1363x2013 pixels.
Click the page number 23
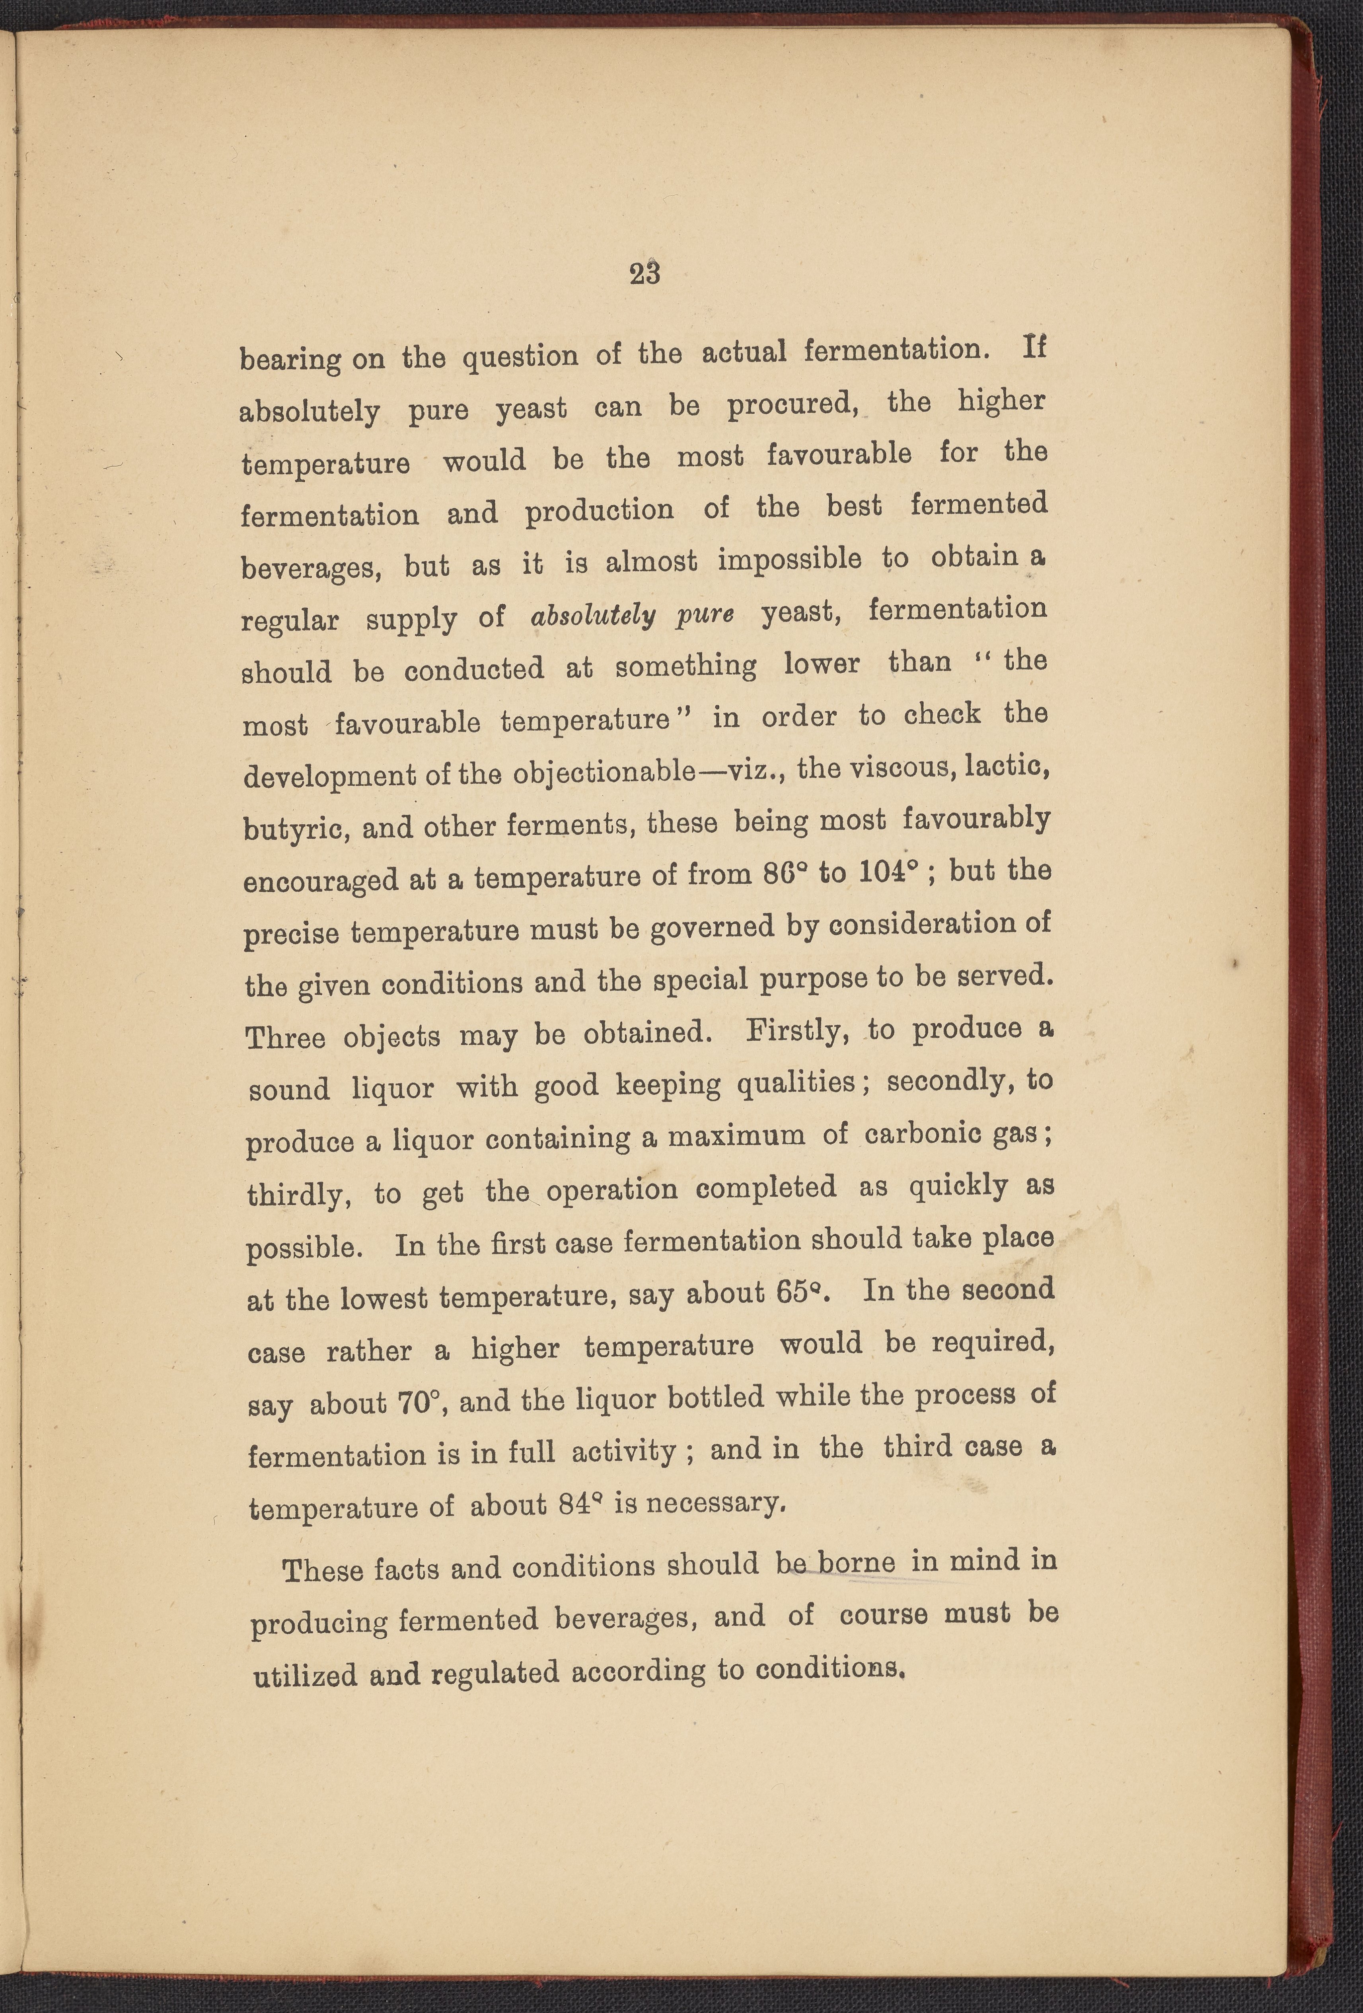[x=645, y=274]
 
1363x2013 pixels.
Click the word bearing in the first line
[x=290, y=358]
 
